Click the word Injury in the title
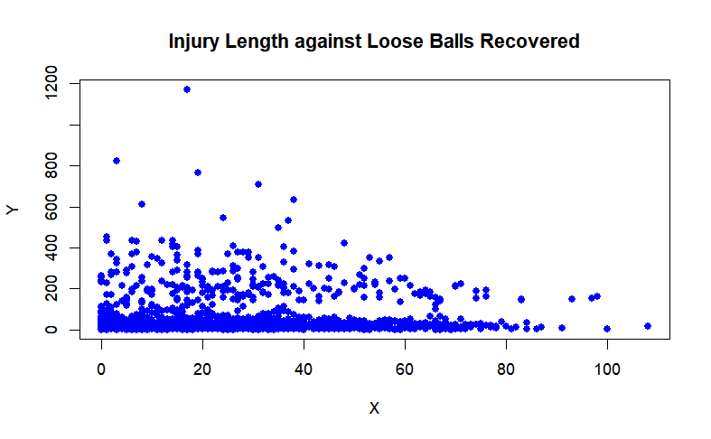click(x=194, y=42)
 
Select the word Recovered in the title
click(x=529, y=42)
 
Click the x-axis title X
click(x=374, y=408)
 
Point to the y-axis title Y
click(x=13, y=210)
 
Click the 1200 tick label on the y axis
click(x=51, y=82)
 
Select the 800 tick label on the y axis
click(x=51, y=165)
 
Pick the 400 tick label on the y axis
click(x=51, y=248)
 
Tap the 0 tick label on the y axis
click(x=51, y=330)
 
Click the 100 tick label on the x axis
click(x=607, y=369)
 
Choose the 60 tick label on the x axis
click(x=405, y=369)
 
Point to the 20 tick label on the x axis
click(x=202, y=369)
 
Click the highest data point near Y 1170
click(x=187, y=89)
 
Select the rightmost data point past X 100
click(x=648, y=326)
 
